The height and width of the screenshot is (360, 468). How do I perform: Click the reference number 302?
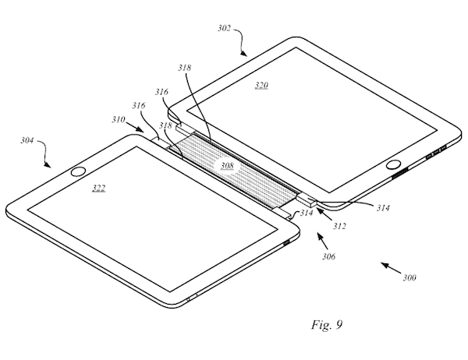[224, 28]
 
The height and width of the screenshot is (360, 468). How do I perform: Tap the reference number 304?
[27, 140]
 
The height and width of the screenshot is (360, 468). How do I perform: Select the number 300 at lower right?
[409, 277]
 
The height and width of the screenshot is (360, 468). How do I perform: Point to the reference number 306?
[328, 256]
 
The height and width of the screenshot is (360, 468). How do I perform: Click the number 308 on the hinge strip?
[227, 165]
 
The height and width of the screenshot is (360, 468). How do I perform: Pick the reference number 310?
[119, 119]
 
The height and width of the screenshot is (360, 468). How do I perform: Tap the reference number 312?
[339, 226]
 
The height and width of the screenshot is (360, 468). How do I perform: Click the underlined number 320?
[261, 86]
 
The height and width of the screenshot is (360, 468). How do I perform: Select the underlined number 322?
[98, 188]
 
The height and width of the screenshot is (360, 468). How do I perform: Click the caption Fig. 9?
[327, 324]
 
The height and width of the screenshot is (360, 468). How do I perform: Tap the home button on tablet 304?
[79, 171]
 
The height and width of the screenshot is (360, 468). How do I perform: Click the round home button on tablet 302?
[393, 164]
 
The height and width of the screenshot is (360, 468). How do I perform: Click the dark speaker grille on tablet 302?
[399, 173]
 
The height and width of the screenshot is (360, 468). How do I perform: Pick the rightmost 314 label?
[383, 207]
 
